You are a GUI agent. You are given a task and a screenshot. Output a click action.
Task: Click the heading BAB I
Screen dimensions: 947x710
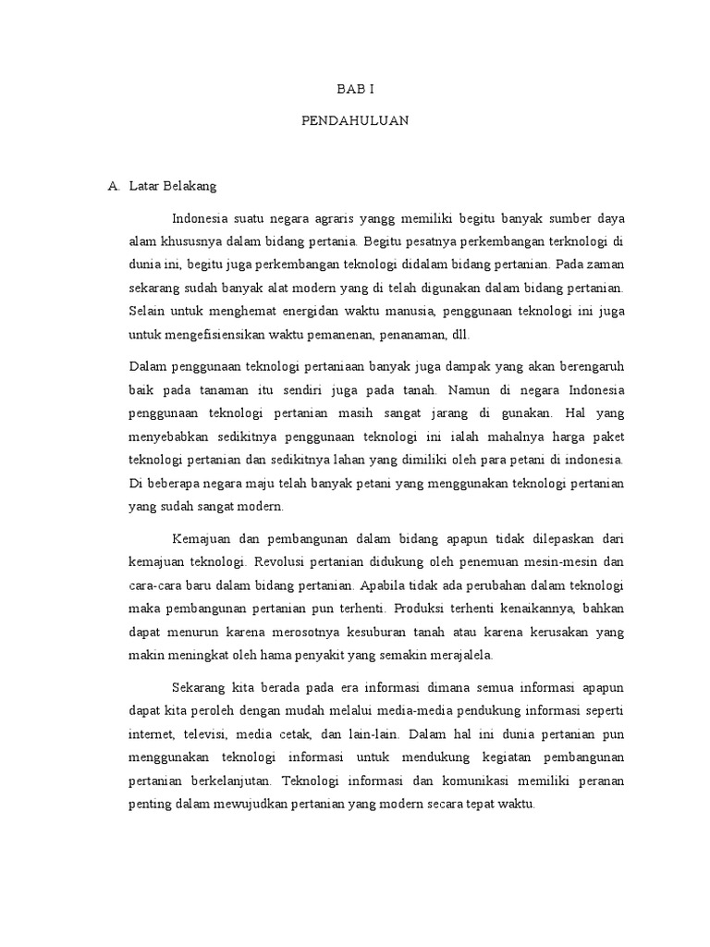[355, 89]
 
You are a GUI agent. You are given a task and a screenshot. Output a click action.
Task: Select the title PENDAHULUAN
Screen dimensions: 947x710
[355, 121]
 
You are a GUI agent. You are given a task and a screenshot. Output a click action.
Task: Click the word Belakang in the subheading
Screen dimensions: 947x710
[191, 186]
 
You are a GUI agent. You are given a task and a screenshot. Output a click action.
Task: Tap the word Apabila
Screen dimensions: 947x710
[381, 585]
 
